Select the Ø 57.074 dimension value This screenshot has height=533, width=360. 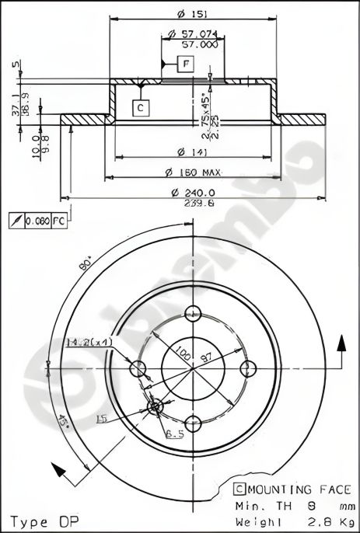pyautogui.click(x=192, y=34)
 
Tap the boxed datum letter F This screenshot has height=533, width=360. pyautogui.click(x=187, y=65)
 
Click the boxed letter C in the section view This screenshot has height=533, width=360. pyautogui.click(x=140, y=108)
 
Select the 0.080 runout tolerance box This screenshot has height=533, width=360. pyautogui.click(x=38, y=221)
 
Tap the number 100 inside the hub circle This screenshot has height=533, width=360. pyautogui.click(x=181, y=353)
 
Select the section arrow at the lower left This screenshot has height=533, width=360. pyautogui.click(x=56, y=469)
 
